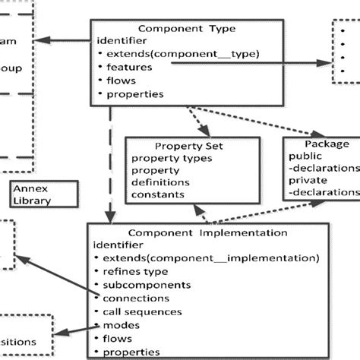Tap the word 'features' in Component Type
[130, 67]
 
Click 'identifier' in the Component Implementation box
[118, 245]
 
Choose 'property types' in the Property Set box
[172, 157]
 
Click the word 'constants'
[157, 194]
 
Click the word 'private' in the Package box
[308, 181]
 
